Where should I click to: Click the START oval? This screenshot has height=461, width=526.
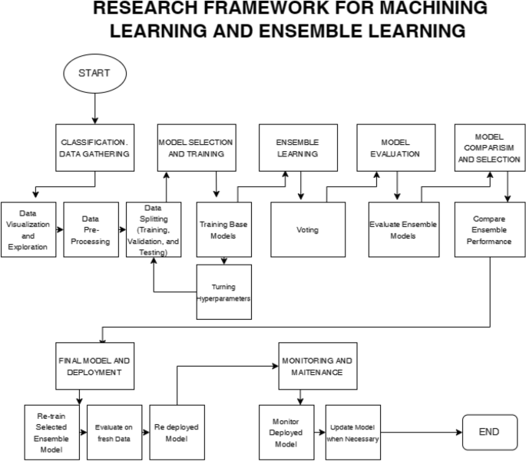pos(94,74)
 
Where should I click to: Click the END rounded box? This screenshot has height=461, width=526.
pos(488,432)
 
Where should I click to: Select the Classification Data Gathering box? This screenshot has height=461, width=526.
pos(94,147)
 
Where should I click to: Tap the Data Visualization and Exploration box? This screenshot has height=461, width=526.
pos(28,229)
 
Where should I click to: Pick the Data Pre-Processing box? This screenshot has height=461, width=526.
pos(91,229)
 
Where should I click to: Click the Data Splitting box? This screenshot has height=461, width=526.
pos(154,229)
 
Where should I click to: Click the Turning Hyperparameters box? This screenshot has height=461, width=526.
pos(224,292)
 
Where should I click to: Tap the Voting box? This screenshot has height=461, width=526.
pos(308,229)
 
